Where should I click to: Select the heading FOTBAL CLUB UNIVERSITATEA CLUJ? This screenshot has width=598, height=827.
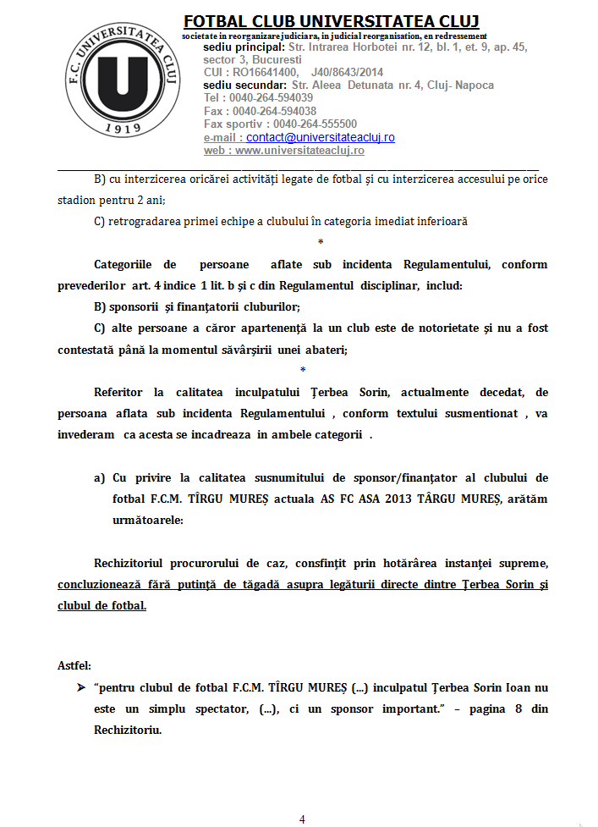[x=332, y=21]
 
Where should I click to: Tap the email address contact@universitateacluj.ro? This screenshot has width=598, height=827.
[x=321, y=137]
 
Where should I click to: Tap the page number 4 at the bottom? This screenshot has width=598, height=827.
[x=302, y=819]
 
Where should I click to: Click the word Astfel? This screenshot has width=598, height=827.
[x=74, y=665]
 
